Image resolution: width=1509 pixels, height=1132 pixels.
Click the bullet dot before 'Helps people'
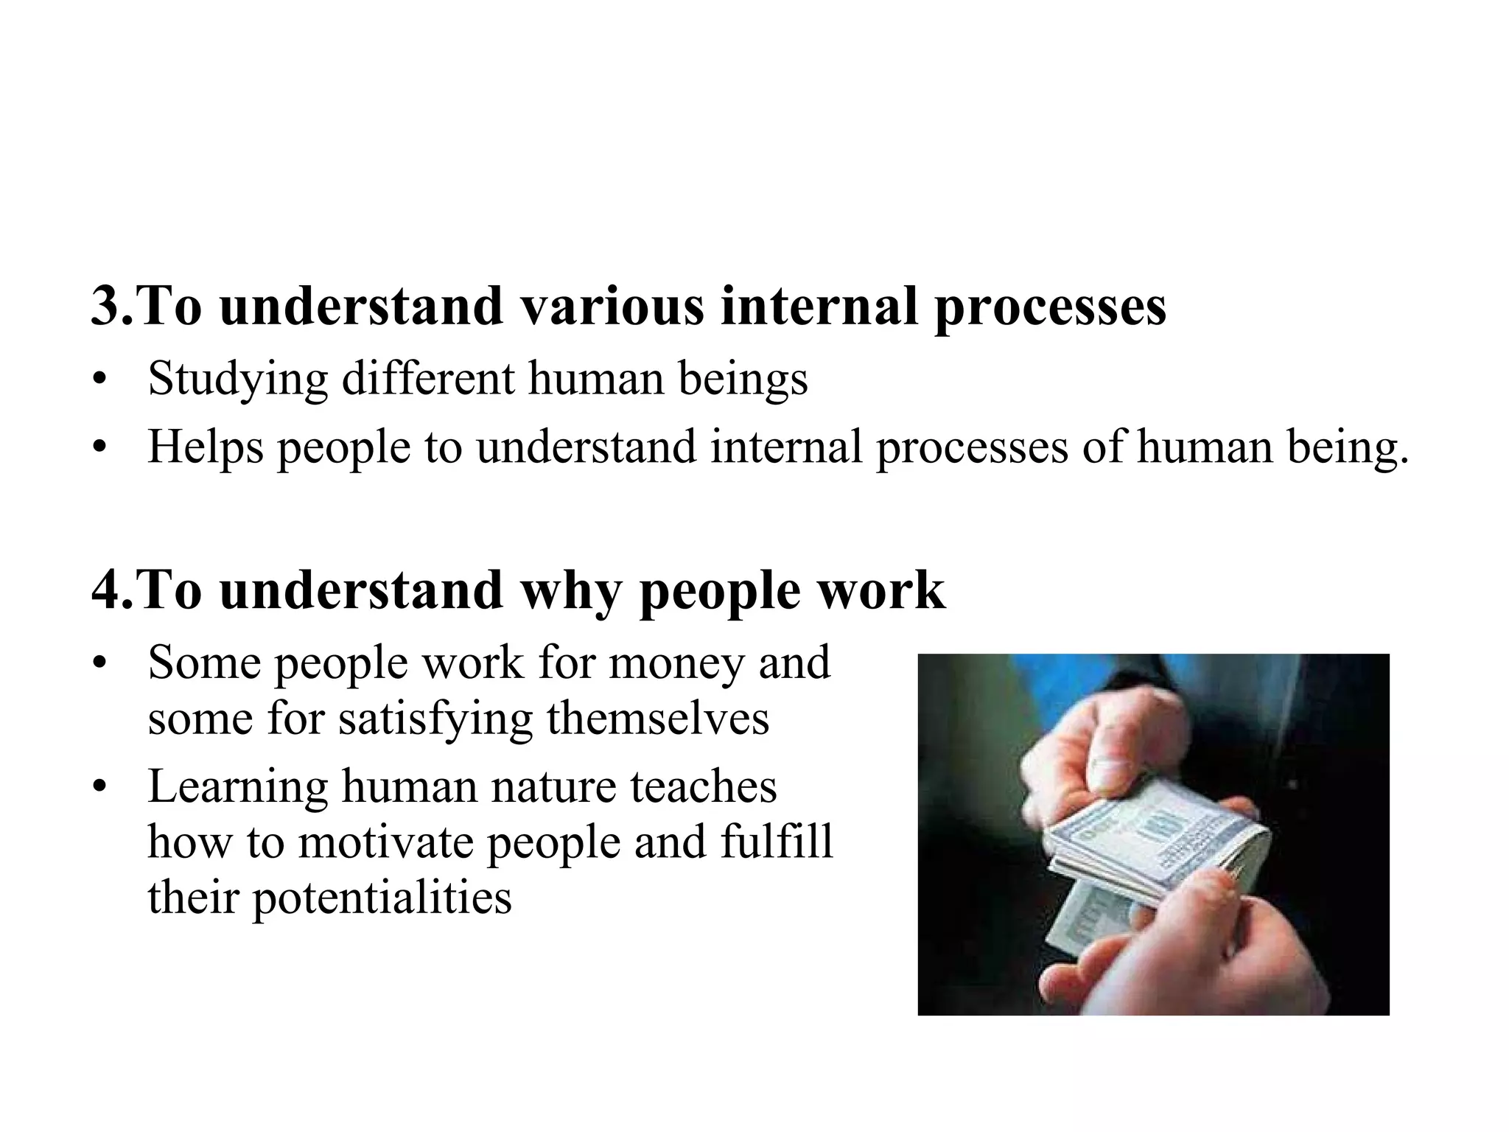pyautogui.click(x=100, y=448)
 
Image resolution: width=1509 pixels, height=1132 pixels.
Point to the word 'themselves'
pyautogui.click(x=657, y=719)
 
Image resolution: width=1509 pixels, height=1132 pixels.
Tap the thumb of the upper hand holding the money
pyautogui.click(x=1105, y=759)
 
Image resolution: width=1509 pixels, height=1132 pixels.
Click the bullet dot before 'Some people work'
pyautogui.click(x=100, y=663)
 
